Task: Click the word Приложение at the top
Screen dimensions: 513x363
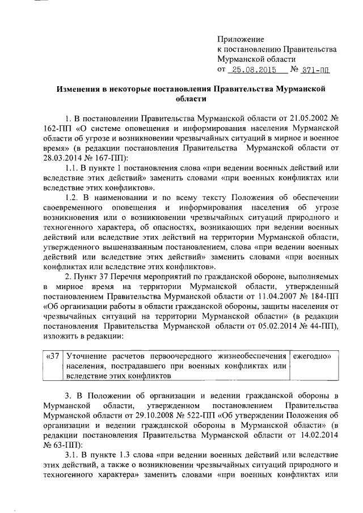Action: [x=241, y=39]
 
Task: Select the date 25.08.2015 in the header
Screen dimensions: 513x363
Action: [x=256, y=70]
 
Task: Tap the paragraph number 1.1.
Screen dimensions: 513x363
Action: [x=72, y=167]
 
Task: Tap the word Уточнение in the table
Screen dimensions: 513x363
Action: [x=91, y=355]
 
